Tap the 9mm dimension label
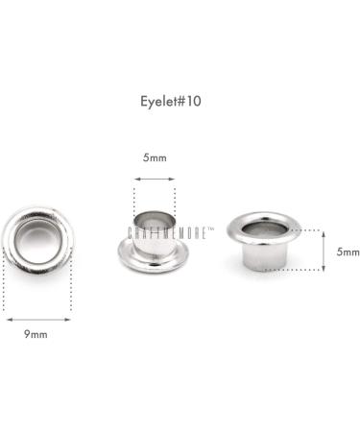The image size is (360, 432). [x=36, y=335]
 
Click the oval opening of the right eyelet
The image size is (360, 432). [x=263, y=228]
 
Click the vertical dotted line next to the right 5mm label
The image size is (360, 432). [x=327, y=251]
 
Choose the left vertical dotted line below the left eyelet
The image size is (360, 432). [x=5, y=288]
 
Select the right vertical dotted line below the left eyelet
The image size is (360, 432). [x=68, y=288]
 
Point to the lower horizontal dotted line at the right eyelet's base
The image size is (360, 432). [x=302, y=272]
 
